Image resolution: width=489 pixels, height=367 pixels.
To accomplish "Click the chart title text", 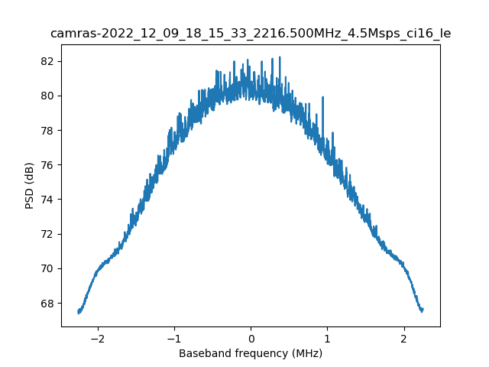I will (251, 34).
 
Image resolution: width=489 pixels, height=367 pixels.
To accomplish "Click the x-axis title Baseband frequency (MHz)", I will (251, 353).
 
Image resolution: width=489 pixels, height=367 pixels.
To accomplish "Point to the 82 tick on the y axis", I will (47, 61).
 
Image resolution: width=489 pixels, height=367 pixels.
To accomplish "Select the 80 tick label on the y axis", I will (47, 96).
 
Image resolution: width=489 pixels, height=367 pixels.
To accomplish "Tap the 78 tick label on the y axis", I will (47, 131).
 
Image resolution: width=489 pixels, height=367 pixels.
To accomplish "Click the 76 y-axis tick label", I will (47, 165).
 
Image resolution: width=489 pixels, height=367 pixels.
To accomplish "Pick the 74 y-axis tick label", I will (47, 200).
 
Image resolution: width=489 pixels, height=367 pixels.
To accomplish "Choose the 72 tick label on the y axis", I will (47, 234).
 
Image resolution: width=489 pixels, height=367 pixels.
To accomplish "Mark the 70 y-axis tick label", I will (47, 268).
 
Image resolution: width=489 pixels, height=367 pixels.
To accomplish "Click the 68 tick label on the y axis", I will (47, 304).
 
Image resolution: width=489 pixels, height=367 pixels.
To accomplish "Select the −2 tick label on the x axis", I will (98, 339).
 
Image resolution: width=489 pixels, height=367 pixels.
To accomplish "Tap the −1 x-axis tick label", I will (174, 339).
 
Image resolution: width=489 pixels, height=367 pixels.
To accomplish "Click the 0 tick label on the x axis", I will (251, 339).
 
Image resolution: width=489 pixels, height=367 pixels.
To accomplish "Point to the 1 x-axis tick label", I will (327, 339).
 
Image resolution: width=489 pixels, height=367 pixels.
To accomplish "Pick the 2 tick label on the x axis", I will (403, 339).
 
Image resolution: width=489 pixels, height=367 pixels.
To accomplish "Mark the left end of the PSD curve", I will (79, 311).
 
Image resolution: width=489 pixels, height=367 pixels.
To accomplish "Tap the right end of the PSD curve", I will (423, 310).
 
